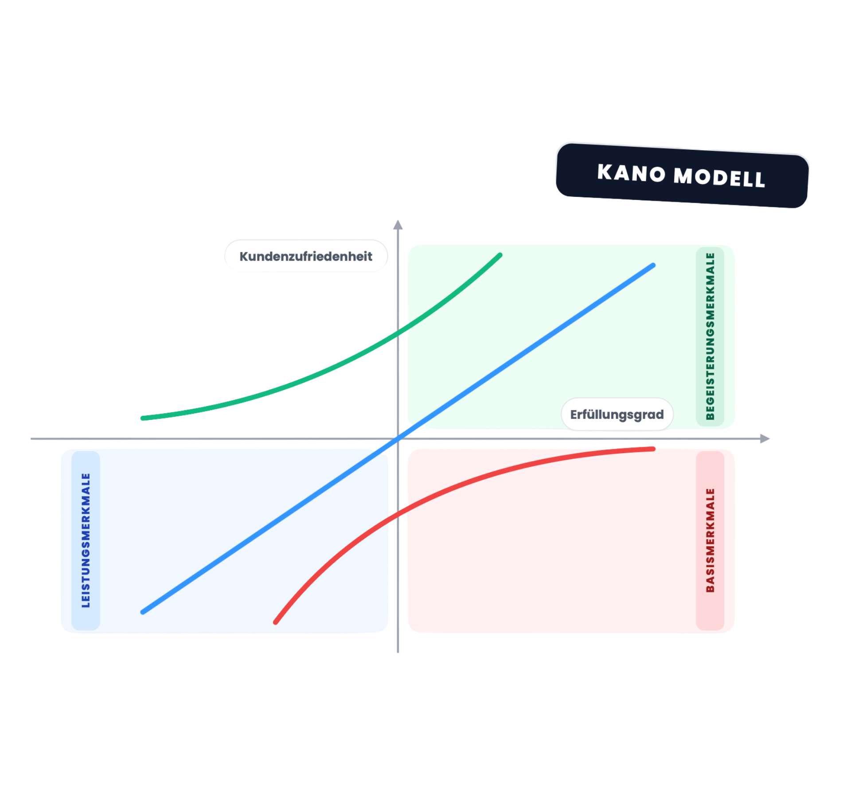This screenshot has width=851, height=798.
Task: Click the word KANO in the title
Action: pos(631,172)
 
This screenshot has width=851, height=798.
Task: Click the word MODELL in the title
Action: pos(719,177)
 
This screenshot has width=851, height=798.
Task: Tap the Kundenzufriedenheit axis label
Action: pos(306,256)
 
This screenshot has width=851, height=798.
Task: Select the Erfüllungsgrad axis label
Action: pos(617,415)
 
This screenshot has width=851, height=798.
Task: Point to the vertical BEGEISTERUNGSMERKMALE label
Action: pos(710,336)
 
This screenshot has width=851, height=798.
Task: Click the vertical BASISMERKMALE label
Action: pos(710,540)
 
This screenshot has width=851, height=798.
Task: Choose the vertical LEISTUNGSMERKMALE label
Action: pos(86,540)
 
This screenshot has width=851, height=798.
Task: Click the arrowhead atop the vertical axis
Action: pos(398,224)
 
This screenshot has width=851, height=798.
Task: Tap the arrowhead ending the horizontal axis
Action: pos(765,438)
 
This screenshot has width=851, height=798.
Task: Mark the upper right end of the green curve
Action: pos(500,255)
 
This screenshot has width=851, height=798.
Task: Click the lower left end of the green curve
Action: pos(143,418)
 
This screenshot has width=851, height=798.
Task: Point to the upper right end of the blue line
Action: pos(653,266)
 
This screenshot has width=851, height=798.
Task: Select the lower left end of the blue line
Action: pos(143,612)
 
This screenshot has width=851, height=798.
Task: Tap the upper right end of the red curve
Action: pos(653,449)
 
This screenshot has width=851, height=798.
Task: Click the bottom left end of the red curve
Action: pos(275,622)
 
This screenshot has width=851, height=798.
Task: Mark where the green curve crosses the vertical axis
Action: pos(398,332)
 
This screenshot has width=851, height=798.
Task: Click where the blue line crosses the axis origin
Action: pos(398,438)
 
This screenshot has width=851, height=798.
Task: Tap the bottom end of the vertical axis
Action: pos(398,652)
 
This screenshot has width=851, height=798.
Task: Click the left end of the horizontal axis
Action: pos(31,438)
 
